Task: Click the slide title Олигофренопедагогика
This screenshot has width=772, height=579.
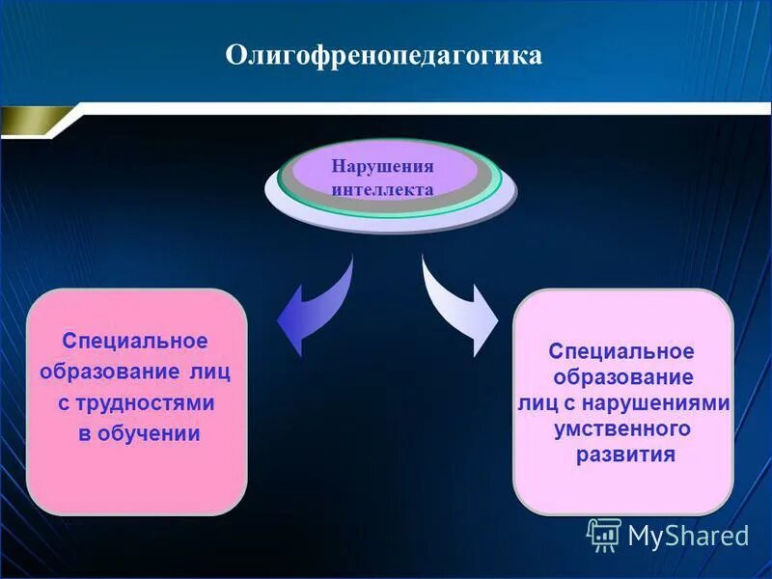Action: [384, 55]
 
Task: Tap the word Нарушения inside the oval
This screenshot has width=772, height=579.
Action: [382, 166]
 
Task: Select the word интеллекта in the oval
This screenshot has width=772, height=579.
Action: [382, 189]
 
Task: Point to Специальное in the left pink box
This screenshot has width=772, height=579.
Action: [135, 342]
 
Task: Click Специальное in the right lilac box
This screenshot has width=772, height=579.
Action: [621, 351]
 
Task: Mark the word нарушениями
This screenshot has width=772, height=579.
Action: [674, 402]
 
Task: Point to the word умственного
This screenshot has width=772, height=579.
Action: [621, 428]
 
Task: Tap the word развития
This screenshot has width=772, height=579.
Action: [624, 455]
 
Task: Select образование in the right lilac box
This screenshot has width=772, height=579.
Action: [621, 377]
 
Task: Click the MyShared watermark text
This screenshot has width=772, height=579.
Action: [688, 536]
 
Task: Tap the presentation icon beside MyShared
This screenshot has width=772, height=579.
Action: [604, 535]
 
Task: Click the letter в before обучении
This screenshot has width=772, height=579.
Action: [84, 434]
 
